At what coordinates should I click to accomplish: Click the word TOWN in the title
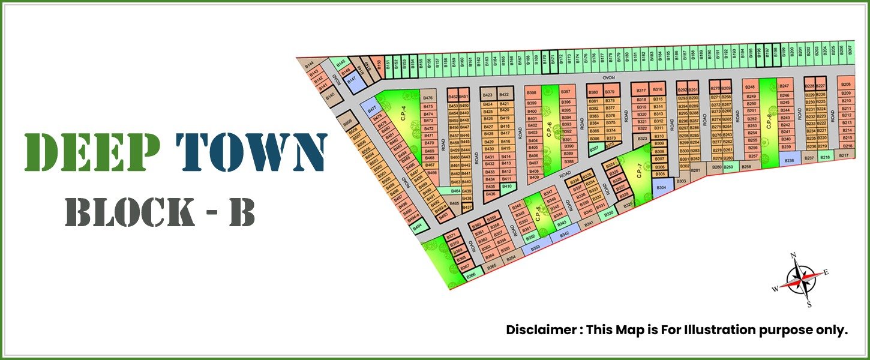click(251, 152)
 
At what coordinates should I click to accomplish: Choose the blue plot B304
click(661, 188)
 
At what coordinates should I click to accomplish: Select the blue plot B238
click(789, 160)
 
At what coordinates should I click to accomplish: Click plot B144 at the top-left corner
click(310, 65)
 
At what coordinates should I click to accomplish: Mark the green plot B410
click(506, 187)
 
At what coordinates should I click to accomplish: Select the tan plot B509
click(347, 124)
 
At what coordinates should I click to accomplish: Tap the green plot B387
click(594, 148)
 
